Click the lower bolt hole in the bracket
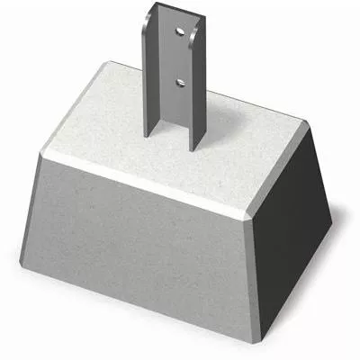tap(181, 81)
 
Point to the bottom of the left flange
tap(147, 133)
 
